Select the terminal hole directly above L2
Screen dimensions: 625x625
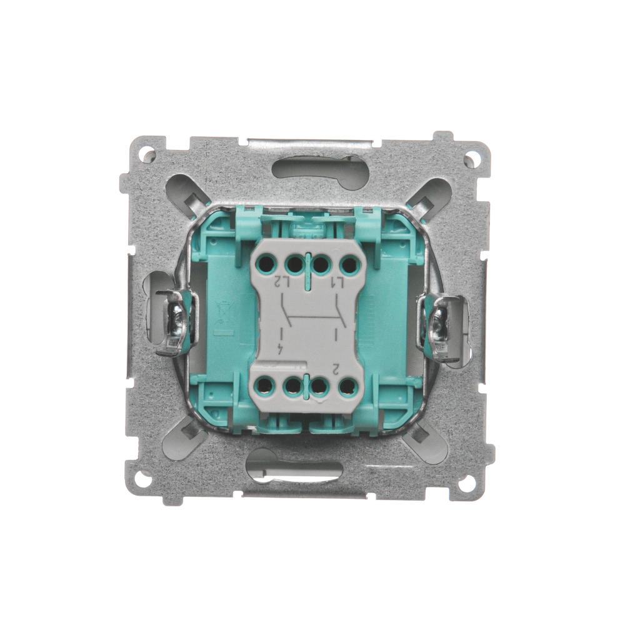tap(295, 264)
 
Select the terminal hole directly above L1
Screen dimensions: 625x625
tap(349, 264)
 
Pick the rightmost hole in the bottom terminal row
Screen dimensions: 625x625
tap(347, 386)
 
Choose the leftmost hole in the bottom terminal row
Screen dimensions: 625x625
tap(264, 384)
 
